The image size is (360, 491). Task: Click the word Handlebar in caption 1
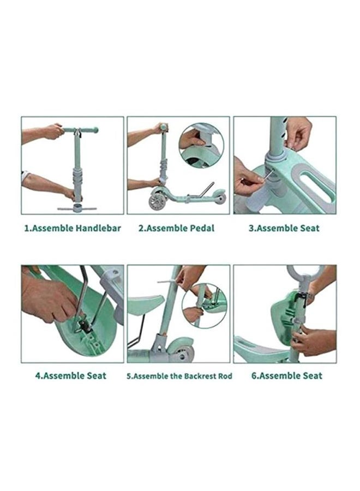pos(98,228)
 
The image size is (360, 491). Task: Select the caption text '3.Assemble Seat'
pos(284,228)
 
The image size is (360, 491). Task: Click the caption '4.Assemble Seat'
pos(71,375)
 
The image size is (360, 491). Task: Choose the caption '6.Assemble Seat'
pos(287,375)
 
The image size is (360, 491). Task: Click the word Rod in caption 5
pos(225,376)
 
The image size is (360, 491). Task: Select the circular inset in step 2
pos(201,145)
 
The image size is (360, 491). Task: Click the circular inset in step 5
pos(204,306)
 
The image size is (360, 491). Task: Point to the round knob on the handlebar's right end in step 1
pos(95,129)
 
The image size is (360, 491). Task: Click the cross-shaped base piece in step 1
pos(76,208)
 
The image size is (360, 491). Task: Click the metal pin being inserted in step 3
pos(268,175)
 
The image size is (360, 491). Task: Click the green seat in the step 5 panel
pos(146,303)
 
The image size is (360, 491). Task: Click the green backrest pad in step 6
pos(283,312)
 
